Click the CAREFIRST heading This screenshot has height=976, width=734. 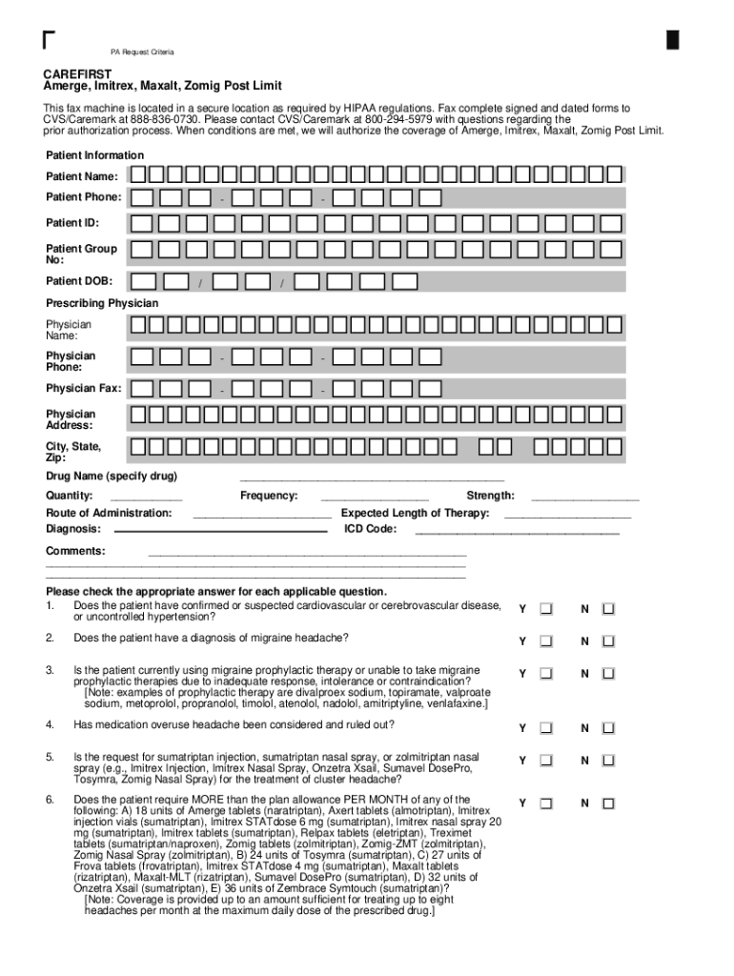pos(76,73)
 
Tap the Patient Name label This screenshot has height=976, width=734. pos(83,176)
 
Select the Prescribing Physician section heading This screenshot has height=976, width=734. pos(102,303)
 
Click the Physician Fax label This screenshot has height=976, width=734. pos(84,389)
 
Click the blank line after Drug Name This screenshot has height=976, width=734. pos(372,478)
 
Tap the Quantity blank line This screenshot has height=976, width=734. pos(146,498)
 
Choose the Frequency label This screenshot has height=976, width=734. pos(269,496)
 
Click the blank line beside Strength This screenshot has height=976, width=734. pos(584,498)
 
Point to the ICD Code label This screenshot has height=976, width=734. pos(369,528)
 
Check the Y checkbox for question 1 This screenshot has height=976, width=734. pos(546,609)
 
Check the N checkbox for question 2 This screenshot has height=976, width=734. pos(608,641)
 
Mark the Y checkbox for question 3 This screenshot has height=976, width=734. pos(546,674)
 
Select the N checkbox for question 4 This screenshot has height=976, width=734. pos(608,728)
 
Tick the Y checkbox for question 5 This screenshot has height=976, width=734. pos(546,761)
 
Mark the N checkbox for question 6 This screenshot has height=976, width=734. pos(608,803)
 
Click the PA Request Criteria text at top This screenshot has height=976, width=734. pos(140,51)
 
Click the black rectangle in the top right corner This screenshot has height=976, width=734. pos(673,39)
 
